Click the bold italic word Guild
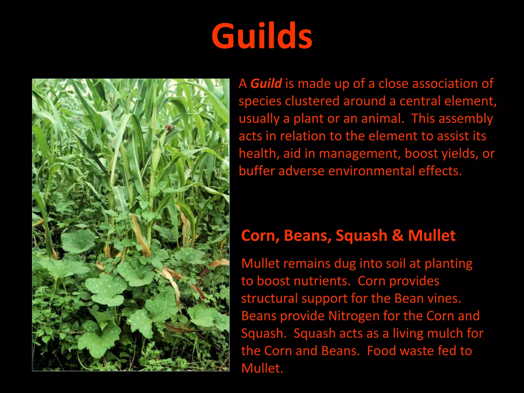(x=266, y=84)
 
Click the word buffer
(x=256, y=171)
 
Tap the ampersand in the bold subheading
(x=397, y=235)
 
